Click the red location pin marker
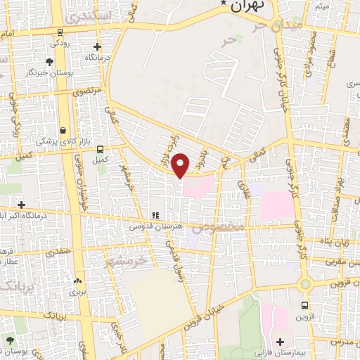[181, 165]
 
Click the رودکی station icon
[60, 32]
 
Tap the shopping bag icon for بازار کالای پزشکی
[64, 130]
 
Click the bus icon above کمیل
[100, 149]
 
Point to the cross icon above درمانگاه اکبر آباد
[22, 205]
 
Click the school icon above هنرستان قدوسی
[155, 215]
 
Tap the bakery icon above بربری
[77, 281]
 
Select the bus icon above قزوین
[304, 305]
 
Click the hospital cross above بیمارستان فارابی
[280, 342]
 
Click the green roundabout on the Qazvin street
[304, 285]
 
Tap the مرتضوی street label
[89, 91]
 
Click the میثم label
[321, 6]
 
